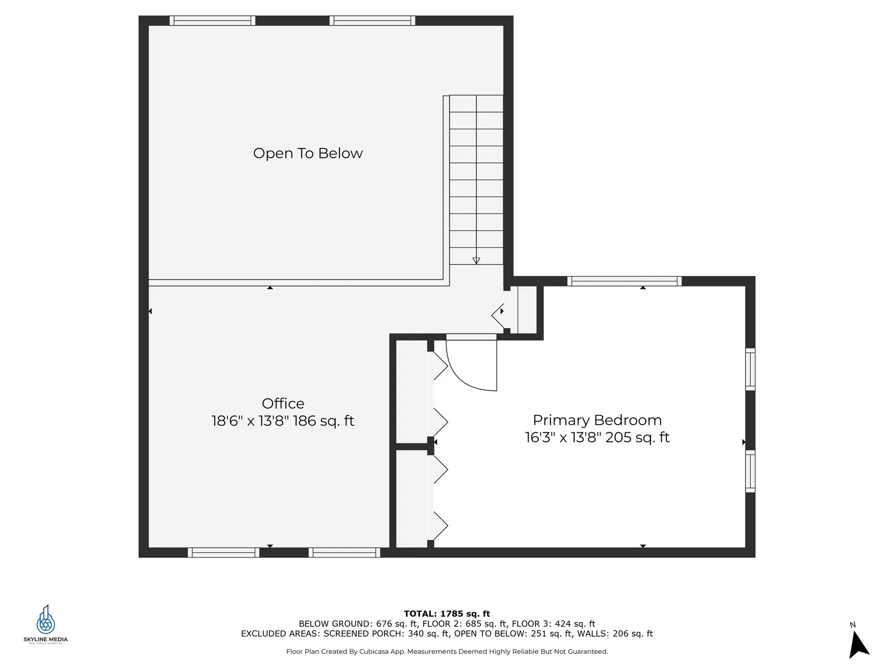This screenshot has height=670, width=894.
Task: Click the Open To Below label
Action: (x=307, y=153)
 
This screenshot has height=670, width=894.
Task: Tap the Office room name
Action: (x=283, y=403)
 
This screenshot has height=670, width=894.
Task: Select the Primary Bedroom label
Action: (x=597, y=420)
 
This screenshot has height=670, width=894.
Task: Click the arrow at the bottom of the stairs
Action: (x=476, y=261)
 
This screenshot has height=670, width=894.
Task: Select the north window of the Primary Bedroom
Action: (x=624, y=281)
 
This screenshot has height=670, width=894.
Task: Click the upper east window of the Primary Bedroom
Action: (x=750, y=369)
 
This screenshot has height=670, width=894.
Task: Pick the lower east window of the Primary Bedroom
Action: (x=750, y=471)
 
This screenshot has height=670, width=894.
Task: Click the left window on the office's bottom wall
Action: (x=223, y=552)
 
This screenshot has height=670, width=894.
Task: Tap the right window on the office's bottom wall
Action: (x=344, y=552)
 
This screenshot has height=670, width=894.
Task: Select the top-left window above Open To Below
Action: (x=212, y=20)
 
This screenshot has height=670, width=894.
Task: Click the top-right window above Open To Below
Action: (x=372, y=20)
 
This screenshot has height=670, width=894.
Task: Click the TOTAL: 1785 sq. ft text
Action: (x=447, y=614)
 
